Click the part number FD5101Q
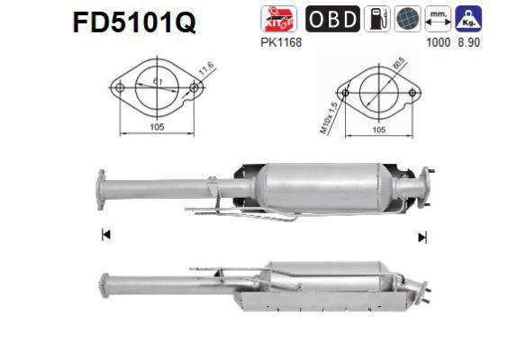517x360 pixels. (x=134, y=22)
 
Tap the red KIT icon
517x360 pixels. (x=274, y=19)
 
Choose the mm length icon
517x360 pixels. (x=440, y=19)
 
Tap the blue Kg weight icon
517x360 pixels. (x=470, y=18)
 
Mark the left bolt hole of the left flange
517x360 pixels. (x=118, y=87)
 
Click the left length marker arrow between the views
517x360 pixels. (x=105, y=235)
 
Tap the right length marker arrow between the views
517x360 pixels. (x=421, y=237)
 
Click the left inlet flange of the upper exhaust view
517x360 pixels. (x=101, y=191)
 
